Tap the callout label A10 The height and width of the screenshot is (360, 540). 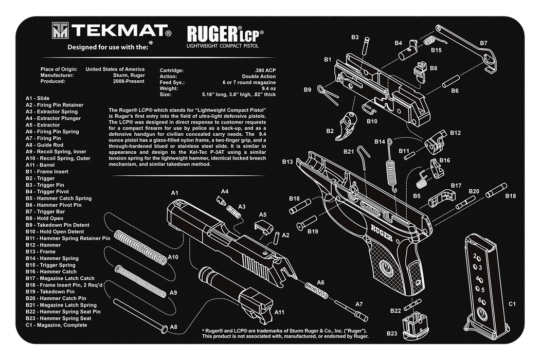click(173, 257)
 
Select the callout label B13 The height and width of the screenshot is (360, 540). click(287, 162)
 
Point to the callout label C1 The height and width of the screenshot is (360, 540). click(512, 304)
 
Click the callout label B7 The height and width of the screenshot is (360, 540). click(483, 43)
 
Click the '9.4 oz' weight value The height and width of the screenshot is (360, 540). click(268, 88)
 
